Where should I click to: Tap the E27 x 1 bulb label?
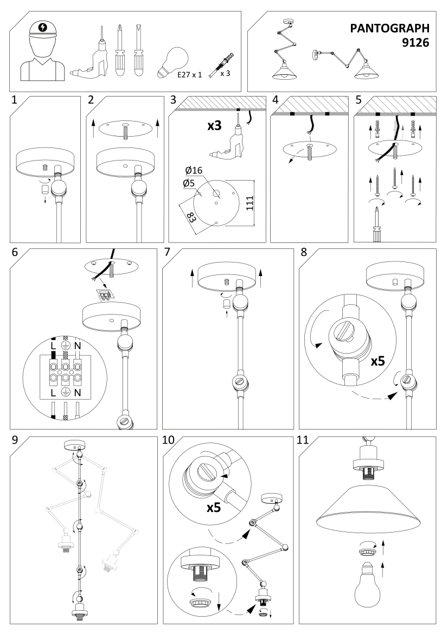[x=189, y=74]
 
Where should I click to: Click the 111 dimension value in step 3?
[x=250, y=202]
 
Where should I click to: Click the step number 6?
[x=15, y=253]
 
